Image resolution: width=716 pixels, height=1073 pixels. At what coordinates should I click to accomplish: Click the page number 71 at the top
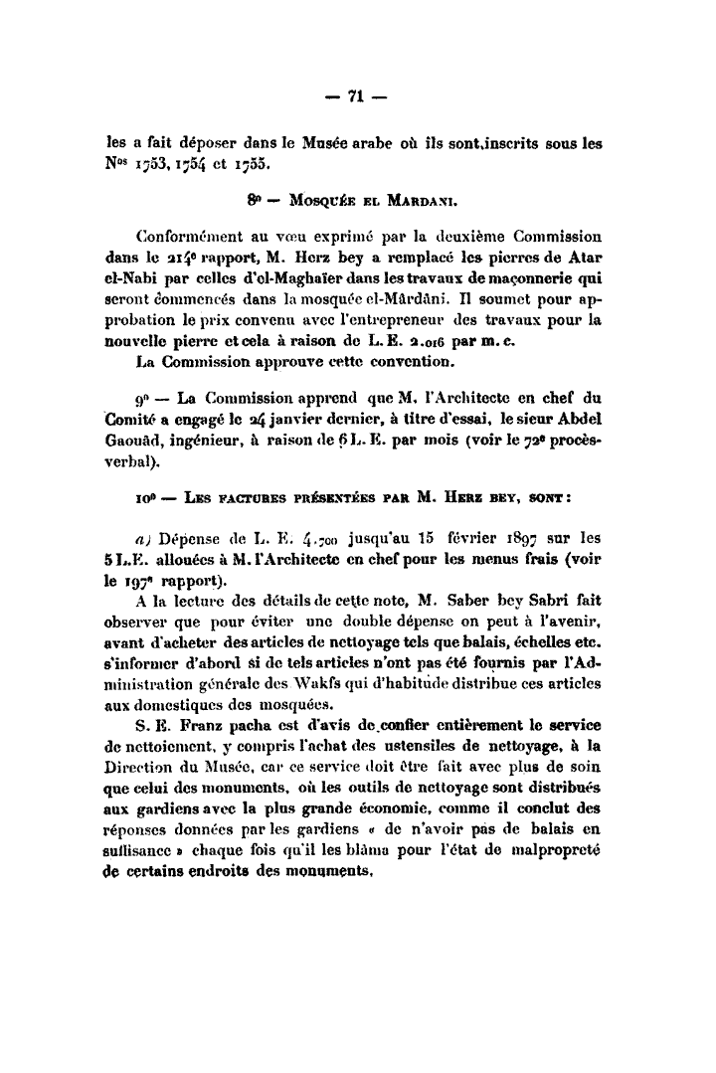358,96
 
